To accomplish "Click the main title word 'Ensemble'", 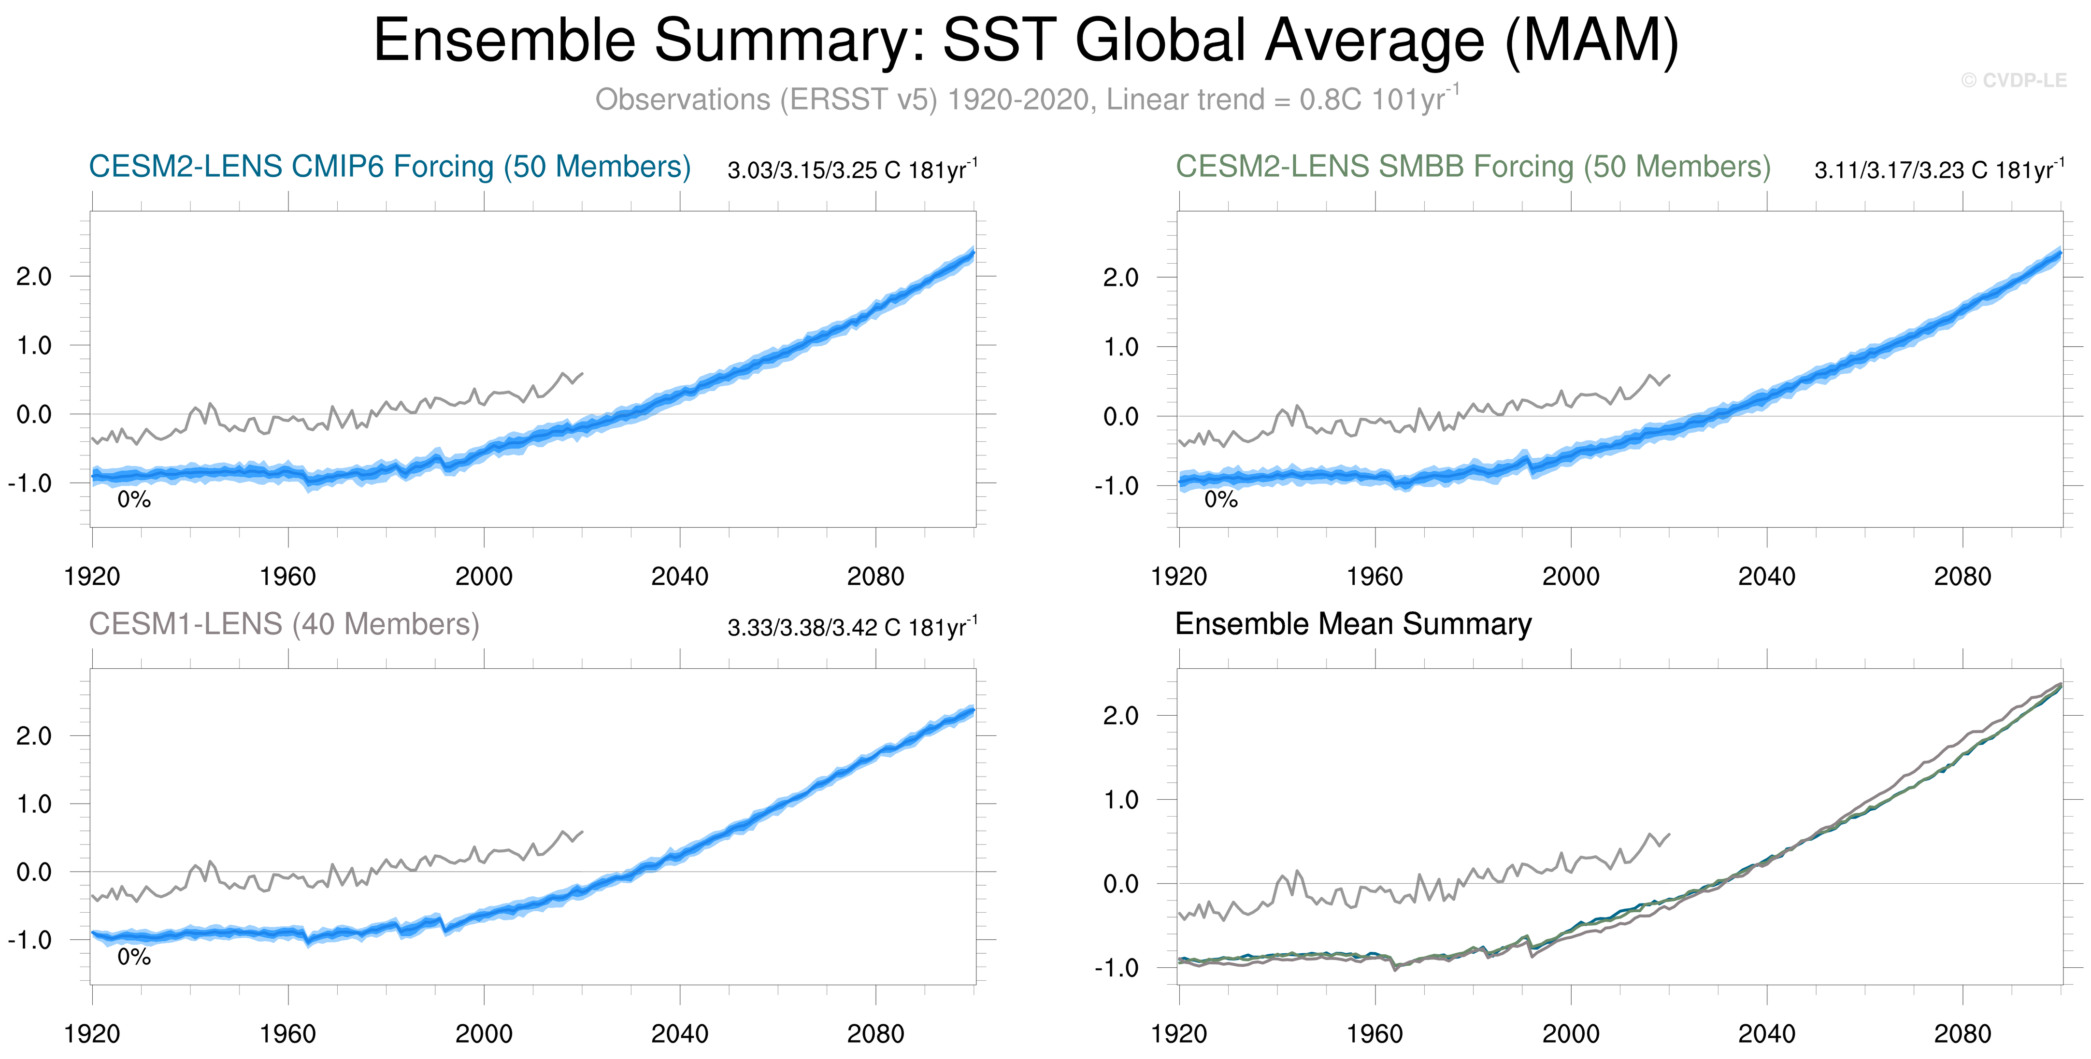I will (504, 41).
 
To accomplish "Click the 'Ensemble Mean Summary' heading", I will (1353, 624).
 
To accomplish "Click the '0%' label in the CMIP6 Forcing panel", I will (134, 500).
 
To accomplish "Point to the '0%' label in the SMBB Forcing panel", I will (1221, 500).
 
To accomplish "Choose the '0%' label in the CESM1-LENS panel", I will (134, 958).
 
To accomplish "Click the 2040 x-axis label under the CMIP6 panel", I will (679, 577).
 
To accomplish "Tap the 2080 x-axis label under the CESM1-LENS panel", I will (875, 1034).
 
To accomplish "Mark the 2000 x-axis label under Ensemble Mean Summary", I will (1571, 1034).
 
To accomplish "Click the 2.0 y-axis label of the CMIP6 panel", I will (34, 277).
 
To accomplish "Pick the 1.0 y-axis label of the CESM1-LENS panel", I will (34, 804).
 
